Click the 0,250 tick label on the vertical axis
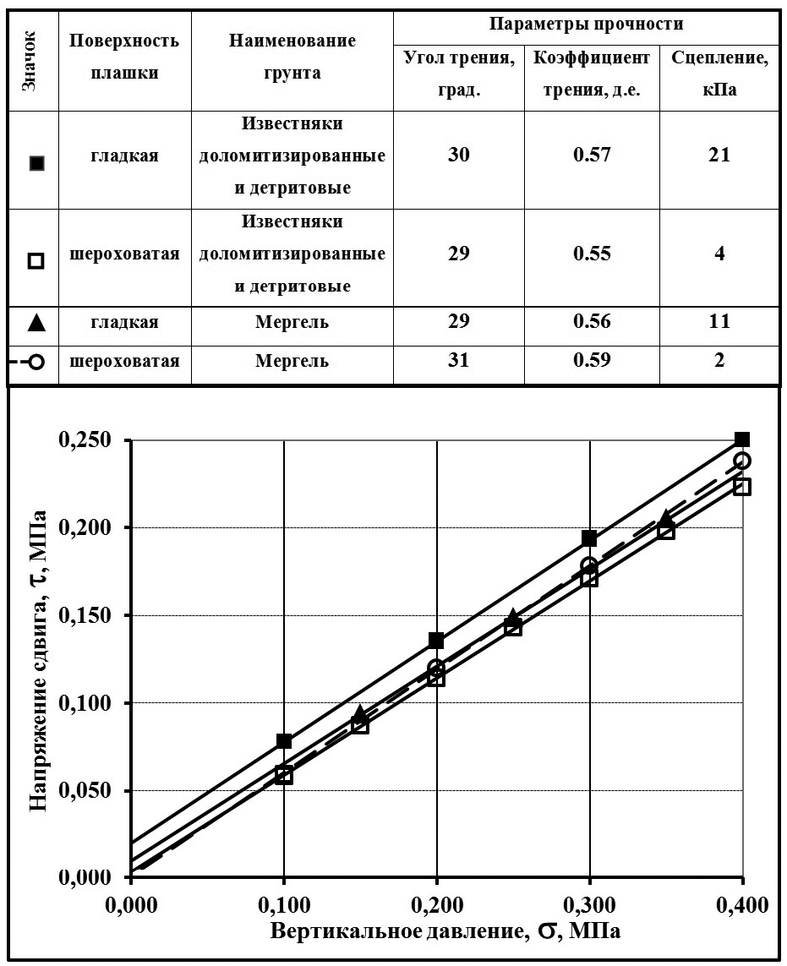[87, 440]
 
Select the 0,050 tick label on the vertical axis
[87, 791]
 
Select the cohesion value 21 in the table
[719, 156]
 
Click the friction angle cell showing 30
[459, 156]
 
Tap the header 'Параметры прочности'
[587, 24]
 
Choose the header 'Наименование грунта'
[292, 57]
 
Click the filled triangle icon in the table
[36, 323]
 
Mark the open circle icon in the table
[36, 362]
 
